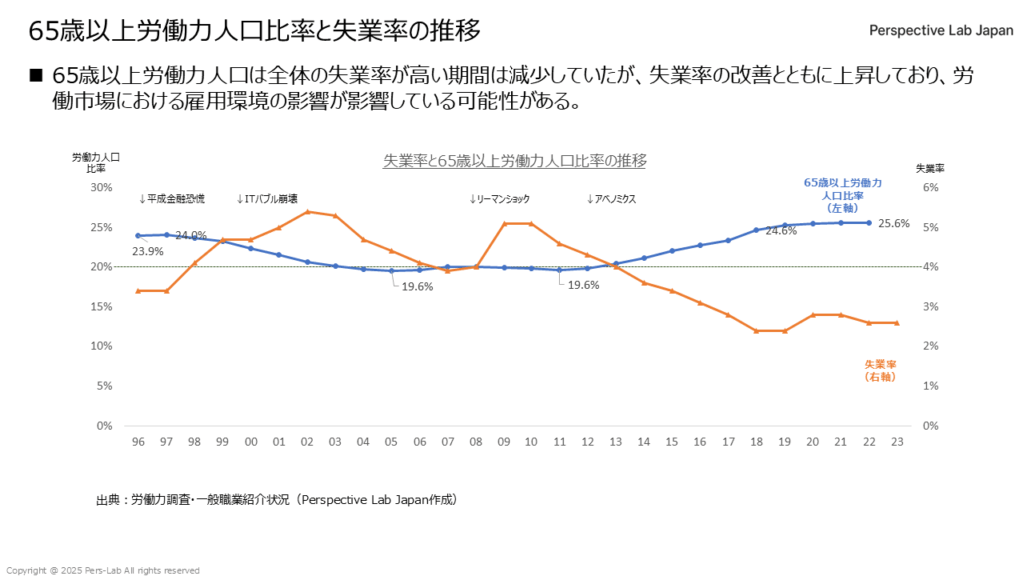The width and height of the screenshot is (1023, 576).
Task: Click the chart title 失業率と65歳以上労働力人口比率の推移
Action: pyautogui.click(x=515, y=160)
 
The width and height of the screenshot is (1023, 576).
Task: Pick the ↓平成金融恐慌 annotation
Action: pyautogui.click(x=172, y=199)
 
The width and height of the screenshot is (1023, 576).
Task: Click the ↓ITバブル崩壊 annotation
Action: pyautogui.click(x=267, y=199)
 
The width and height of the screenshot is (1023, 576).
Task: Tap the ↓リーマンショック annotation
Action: pyautogui.click(x=500, y=199)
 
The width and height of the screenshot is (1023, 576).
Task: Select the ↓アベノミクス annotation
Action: pyautogui.click(x=612, y=199)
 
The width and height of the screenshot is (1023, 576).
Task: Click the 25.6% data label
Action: pyautogui.click(x=893, y=224)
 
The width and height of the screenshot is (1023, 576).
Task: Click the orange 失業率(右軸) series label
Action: pyautogui.click(x=880, y=371)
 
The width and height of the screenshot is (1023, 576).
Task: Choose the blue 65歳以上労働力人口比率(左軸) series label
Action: pyautogui.click(x=843, y=195)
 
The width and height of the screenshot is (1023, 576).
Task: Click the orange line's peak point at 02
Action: pyautogui.click(x=307, y=211)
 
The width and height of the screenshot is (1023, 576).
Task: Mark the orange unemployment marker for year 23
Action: pyautogui.click(x=896, y=323)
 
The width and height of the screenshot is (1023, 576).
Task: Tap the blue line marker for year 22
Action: pyautogui.click(x=869, y=223)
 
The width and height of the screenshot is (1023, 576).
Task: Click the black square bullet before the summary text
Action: pyautogui.click(x=35, y=77)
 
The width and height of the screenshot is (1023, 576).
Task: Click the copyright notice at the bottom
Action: pyautogui.click(x=103, y=570)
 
